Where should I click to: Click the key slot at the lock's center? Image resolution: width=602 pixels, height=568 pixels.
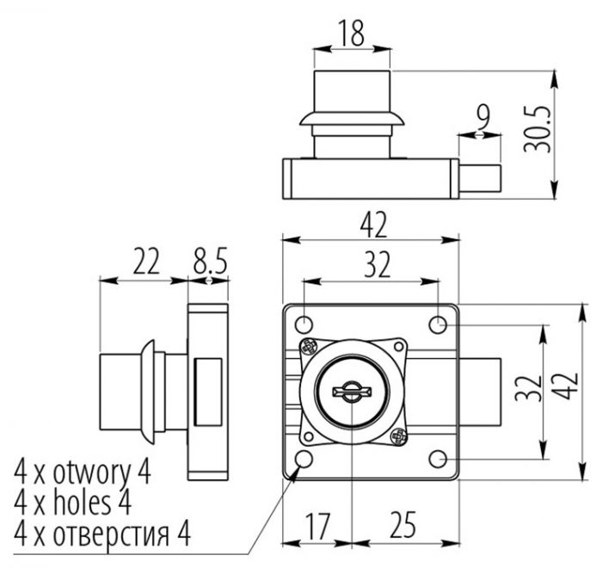tap(351, 392)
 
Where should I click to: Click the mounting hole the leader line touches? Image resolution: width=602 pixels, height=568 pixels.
tap(303, 460)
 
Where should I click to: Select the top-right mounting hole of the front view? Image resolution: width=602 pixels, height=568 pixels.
tap(439, 324)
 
